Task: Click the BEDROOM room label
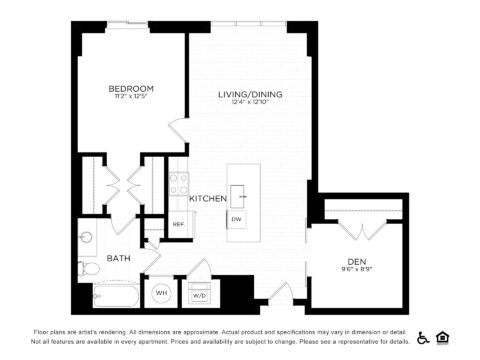click(x=131, y=89)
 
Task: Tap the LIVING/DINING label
click(x=250, y=94)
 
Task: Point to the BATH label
click(x=118, y=258)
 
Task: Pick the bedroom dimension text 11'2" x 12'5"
click(x=131, y=98)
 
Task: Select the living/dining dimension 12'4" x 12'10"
click(x=250, y=103)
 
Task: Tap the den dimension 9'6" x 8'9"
click(x=357, y=268)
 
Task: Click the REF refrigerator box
click(x=178, y=224)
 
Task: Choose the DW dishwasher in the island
click(x=237, y=219)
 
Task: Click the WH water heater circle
click(x=162, y=295)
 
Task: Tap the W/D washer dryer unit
click(x=198, y=295)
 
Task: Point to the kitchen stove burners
click(x=178, y=184)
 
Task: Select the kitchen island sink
click(x=238, y=193)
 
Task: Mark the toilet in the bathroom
click(x=87, y=267)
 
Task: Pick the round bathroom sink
click(x=86, y=238)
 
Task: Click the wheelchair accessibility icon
click(x=423, y=337)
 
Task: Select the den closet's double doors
click(x=357, y=228)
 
